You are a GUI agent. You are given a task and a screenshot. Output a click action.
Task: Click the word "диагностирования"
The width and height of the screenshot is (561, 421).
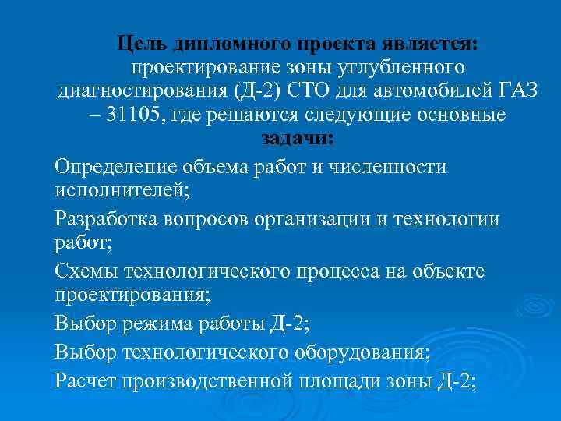click(x=143, y=90)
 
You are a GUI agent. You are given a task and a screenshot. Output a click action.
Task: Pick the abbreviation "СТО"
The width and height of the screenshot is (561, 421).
click(x=312, y=90)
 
